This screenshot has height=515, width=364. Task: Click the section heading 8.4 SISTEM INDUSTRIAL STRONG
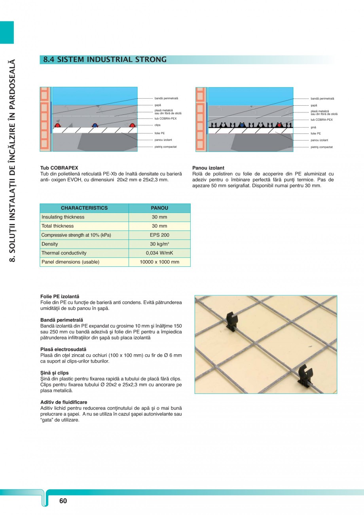[105, 60]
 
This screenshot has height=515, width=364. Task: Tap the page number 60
[63, 501]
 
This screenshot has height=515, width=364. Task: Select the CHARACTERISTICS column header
[84, 208]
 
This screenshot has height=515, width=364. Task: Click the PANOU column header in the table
[159, 208]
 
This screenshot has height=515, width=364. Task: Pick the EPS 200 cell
[159, 235]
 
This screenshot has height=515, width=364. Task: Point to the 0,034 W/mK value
[159, 253]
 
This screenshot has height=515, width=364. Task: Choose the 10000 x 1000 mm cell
[159, 262]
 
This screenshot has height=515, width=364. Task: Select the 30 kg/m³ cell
[159, 244]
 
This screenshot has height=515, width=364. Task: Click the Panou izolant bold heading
[208, 168]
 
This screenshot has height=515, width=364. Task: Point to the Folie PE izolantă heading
[60, 296]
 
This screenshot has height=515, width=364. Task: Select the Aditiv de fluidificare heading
[64, 402]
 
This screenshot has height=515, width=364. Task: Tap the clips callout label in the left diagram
[157, 125]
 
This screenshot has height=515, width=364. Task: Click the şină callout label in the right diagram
[313, 127]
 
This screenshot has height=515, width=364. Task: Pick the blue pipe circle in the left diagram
[95, 125]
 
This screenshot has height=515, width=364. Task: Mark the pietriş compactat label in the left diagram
[165, 147]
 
